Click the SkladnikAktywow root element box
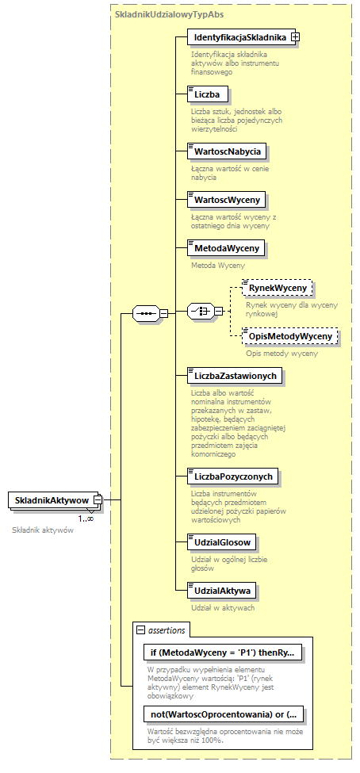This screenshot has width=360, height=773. tap(50, 500)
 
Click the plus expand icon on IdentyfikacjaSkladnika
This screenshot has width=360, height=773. tap(295, 36)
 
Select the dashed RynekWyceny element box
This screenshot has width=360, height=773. tap(278, 287)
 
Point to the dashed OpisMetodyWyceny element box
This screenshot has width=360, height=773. tap(290, 336)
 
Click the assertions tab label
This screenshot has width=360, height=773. tap(166, 630)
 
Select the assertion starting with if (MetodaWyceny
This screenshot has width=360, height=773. tap(222, 652)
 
